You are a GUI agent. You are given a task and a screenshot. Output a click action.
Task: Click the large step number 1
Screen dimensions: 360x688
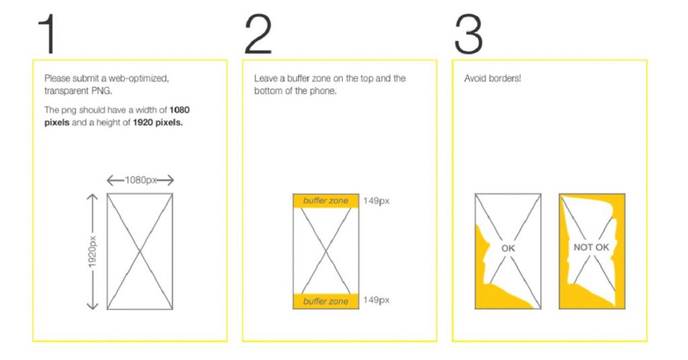pyautogui.click(x=46, y=34)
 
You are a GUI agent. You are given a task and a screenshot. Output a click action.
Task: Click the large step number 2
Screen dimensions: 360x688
pyautogui.click(x=258, y=34)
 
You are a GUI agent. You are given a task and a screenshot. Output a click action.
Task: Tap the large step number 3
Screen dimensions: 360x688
pyautogui.click(x=468, y=34)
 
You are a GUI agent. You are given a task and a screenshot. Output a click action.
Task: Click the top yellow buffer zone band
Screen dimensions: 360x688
pyautogui.click(x=326, y=201)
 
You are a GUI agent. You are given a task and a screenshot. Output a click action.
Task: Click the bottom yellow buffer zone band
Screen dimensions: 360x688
pyautogui.click(x=326, y=302)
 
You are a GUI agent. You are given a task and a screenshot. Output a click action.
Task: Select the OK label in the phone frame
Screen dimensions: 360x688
pyautogui.click(x=508, y=249)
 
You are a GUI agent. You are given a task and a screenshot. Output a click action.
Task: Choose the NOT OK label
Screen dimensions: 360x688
pyautogui.click(x=591, y=248)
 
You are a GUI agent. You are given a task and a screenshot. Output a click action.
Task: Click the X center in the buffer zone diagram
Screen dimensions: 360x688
pyautogui.click(x=326, y=251)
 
